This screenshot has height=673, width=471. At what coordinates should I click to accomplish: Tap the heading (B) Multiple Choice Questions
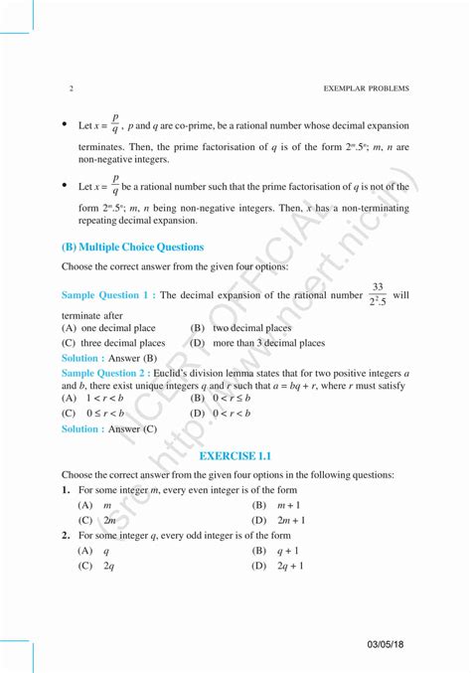point(132,247)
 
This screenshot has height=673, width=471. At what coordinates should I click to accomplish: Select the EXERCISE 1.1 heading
point(235,455)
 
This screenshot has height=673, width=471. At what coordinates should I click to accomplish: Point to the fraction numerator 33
point(378,286)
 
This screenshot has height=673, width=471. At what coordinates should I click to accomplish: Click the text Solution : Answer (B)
point(109,357)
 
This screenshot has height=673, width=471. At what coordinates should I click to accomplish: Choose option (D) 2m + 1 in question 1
point(278,520)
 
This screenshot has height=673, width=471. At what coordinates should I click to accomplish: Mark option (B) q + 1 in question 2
point(275,550)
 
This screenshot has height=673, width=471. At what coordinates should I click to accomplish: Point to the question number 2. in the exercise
point(66,535)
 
